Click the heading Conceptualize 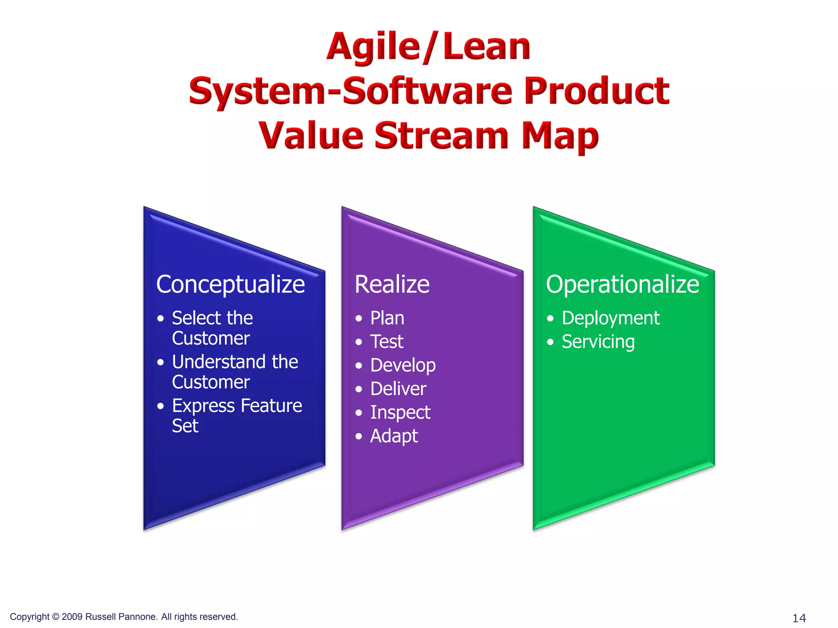[230, 285]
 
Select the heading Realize [392, 285]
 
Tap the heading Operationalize [622, 285]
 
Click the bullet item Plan [387, 318]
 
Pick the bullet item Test [387, 342]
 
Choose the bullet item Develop [403, 366]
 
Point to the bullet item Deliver [398, 389]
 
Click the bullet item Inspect [400, 413]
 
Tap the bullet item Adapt [394, 436]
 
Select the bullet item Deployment [610, 318]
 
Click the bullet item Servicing [598, 342]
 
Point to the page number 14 [799, 618]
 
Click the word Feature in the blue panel [271, 406]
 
